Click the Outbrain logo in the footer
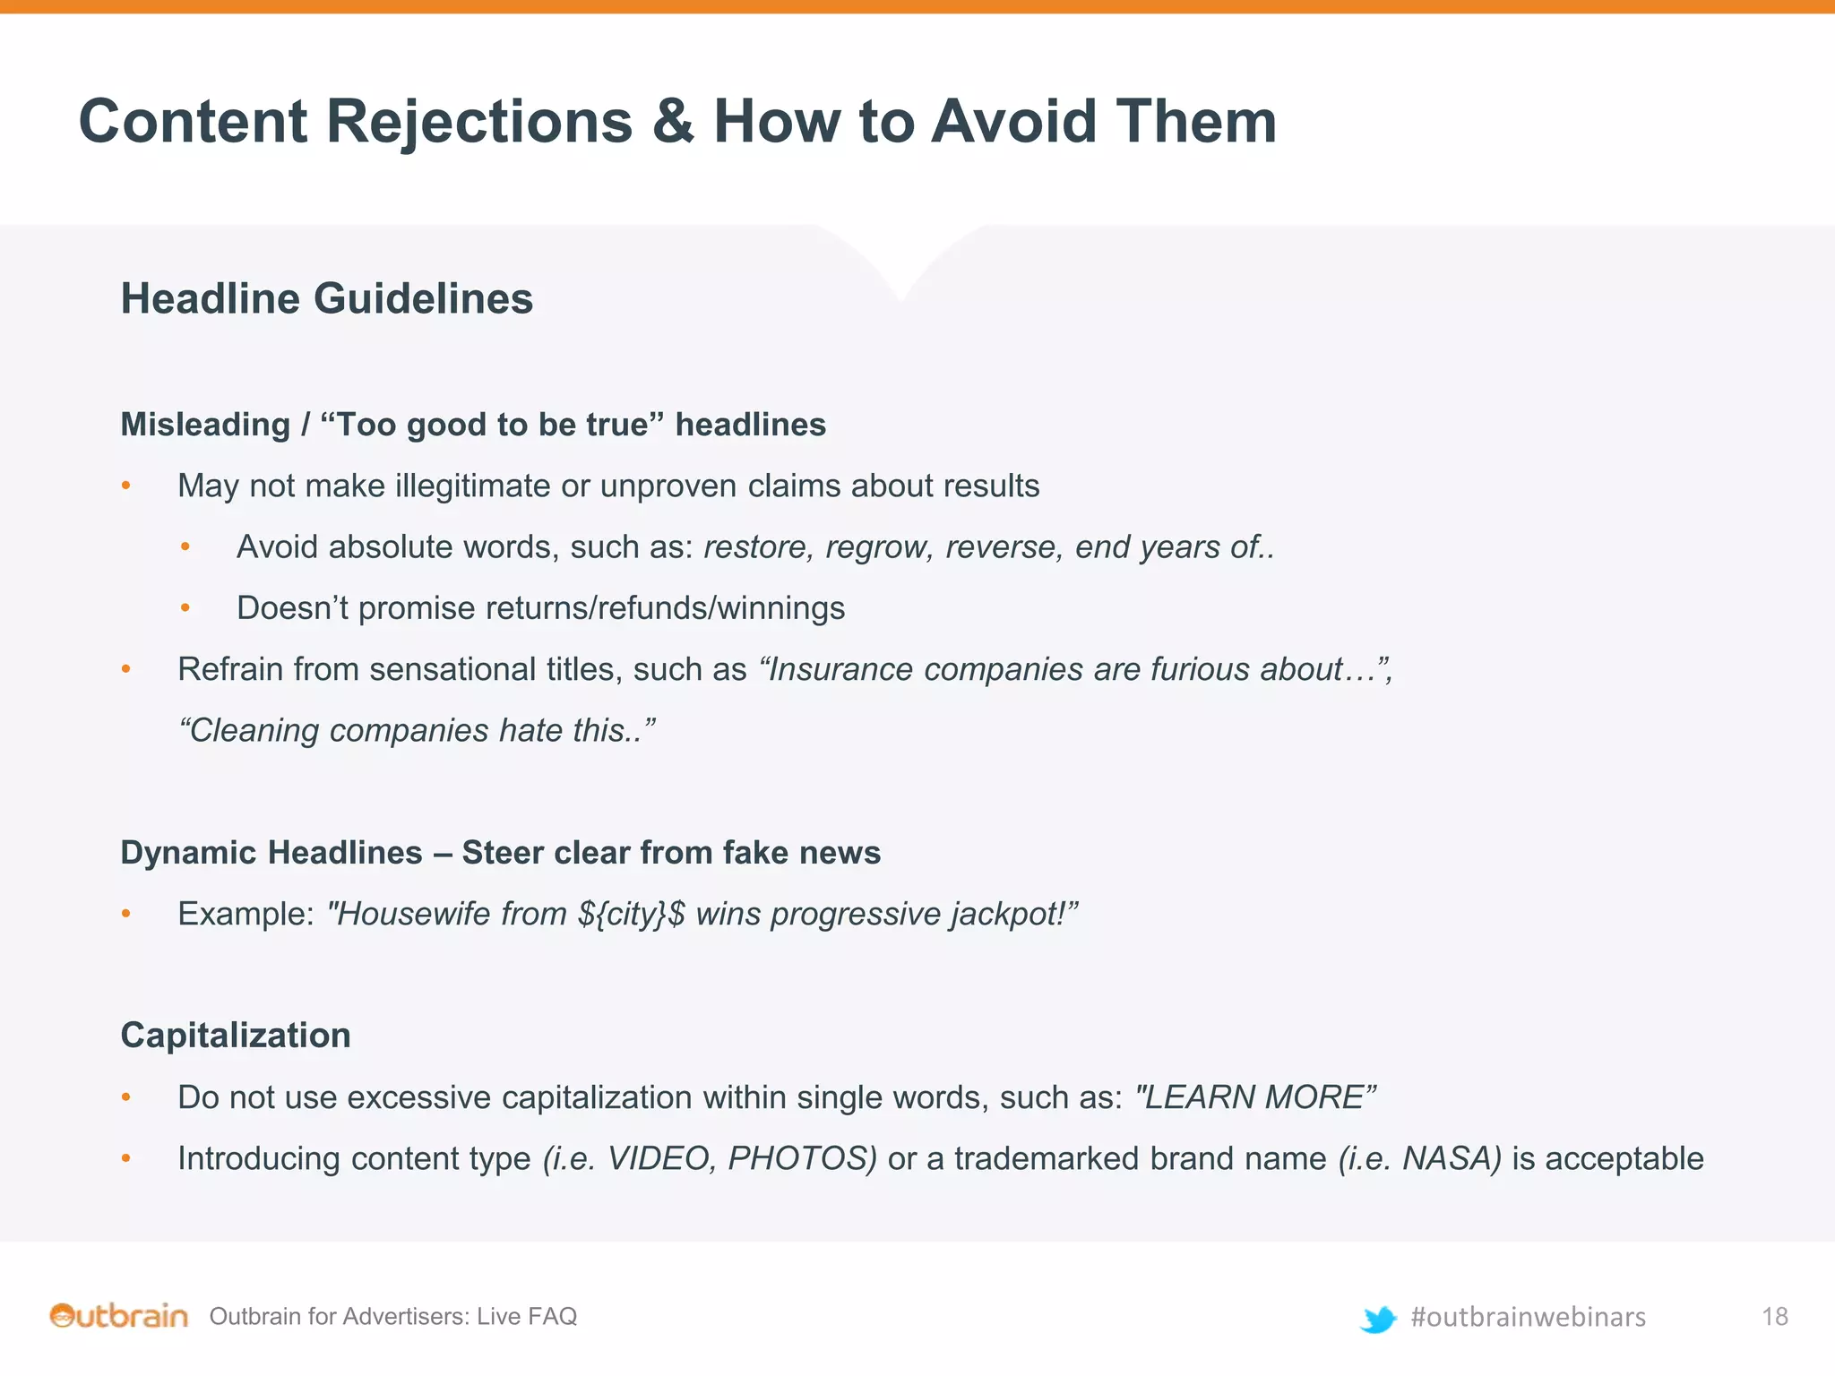(119, 1316)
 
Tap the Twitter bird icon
(1378, 1319)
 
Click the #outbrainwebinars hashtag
(1528, 1317)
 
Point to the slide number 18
(1774, 1316)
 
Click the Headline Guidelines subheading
(327, 298)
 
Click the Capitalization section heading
(236, 1036)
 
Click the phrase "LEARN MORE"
(1254, 1097)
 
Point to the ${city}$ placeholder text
(632, 914)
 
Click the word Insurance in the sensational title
(840, 669)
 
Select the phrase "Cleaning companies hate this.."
(417, 731)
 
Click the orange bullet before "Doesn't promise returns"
(185, 608)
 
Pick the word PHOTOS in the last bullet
(801, 1158)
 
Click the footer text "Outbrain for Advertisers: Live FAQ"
(392, 1316)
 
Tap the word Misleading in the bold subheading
(205, 425)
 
